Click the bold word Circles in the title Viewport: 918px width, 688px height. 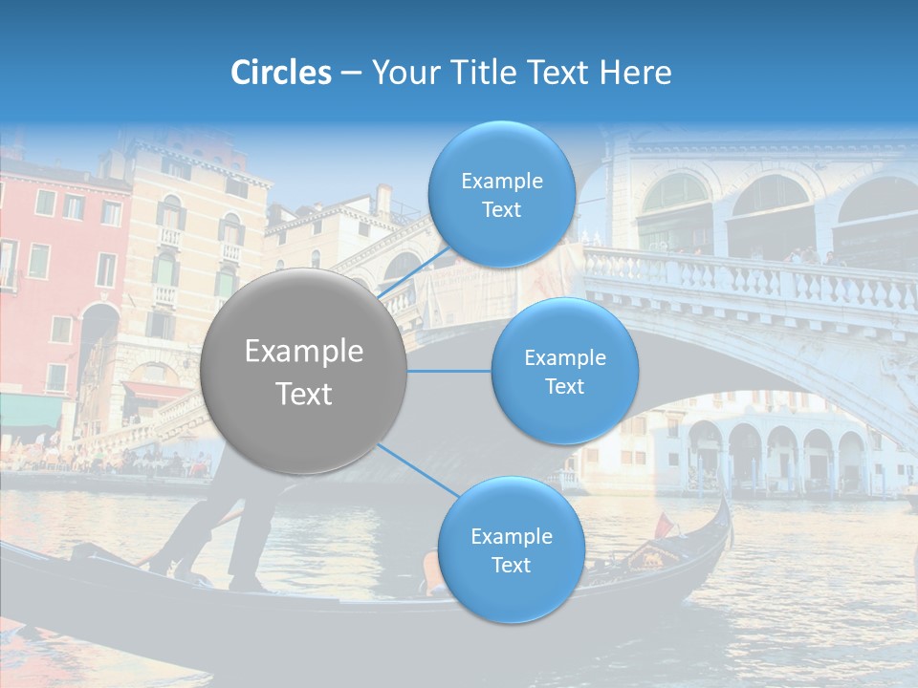coord(280,73)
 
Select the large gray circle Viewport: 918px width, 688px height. coord(303,371)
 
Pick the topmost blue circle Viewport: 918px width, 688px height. coord(501,195)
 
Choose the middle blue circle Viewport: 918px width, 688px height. coord(564,371)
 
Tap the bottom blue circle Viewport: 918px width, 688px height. coord(511,549)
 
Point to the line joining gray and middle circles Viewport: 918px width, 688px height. coord(448,370)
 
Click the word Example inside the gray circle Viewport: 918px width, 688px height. coord(303,352)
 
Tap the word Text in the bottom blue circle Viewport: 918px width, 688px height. coord(511,565)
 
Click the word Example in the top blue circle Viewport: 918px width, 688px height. coord(501,182)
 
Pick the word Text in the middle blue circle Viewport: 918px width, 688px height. coord(564,386)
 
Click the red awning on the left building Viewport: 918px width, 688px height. coord(153,391)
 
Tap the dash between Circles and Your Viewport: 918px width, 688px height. coord(351,74)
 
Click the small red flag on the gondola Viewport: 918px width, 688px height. coord(664,524)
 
